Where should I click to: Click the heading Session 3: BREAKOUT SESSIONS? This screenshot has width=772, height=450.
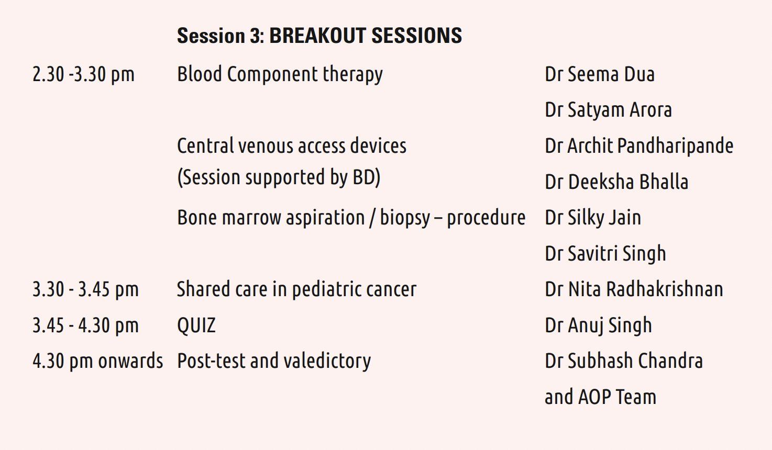[x=319, y=36]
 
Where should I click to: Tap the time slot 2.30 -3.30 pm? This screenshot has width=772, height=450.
[x=83, y=75]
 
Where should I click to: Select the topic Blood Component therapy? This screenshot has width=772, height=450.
[x=280, y=75]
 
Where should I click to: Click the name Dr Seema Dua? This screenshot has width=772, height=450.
[x=600, y=74]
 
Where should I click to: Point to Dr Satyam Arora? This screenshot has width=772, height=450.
[x=608, y=110]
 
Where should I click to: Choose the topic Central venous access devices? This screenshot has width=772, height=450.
[x=292, y=145]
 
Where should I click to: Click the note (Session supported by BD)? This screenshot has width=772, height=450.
[x=279, y=177]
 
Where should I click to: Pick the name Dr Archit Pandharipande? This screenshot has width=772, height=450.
[x=639, y=146]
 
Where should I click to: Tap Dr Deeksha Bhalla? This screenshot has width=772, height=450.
[x=616, y=182]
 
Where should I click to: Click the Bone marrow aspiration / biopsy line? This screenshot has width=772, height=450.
[x=351, y=218]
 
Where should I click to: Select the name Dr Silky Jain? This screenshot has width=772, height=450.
[x=593, y=218]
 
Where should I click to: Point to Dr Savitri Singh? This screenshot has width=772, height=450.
[x=605, y=254]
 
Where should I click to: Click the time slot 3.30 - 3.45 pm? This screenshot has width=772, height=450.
[x=85, y=289]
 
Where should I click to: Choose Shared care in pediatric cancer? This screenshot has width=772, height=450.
[x=297, y=289]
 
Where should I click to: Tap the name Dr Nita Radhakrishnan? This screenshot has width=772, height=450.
[x=634, y=289]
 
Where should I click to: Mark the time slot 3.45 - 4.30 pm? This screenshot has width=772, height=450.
[x=85, y=325]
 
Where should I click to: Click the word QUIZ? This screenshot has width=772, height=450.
[x=196, y=325]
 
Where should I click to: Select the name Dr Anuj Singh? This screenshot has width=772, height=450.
[x=598, y=325]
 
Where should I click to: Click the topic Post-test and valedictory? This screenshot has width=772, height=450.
[x=274, y=361]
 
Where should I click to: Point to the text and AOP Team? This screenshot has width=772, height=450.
[x=600, y=397]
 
